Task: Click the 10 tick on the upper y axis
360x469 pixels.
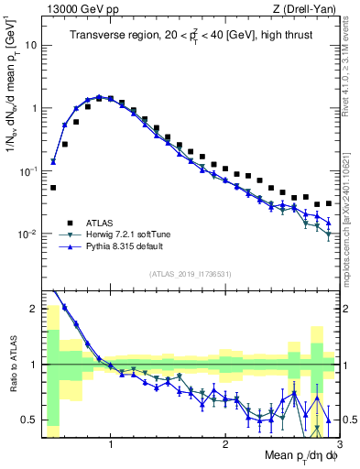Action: (x=31, y=45)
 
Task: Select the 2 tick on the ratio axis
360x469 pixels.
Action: (x=35, y=308)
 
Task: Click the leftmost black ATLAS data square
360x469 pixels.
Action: (x=53, y=187)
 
